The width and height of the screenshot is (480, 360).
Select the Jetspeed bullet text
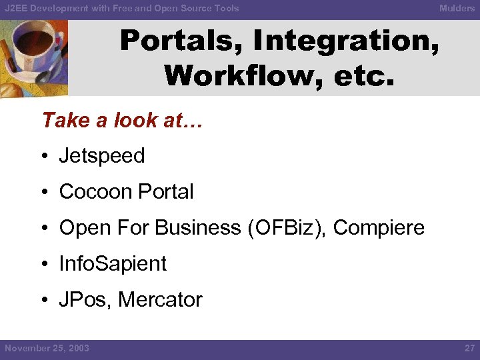coord(102,156)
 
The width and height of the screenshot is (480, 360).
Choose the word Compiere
coord(379,228)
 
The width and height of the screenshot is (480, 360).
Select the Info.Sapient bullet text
coord(113,264)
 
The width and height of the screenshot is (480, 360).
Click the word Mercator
coord(160,300)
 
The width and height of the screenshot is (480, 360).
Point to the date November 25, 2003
coord(47,349)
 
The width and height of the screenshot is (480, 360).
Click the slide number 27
coord(469,349)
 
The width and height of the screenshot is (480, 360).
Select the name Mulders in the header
coord(457,8)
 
